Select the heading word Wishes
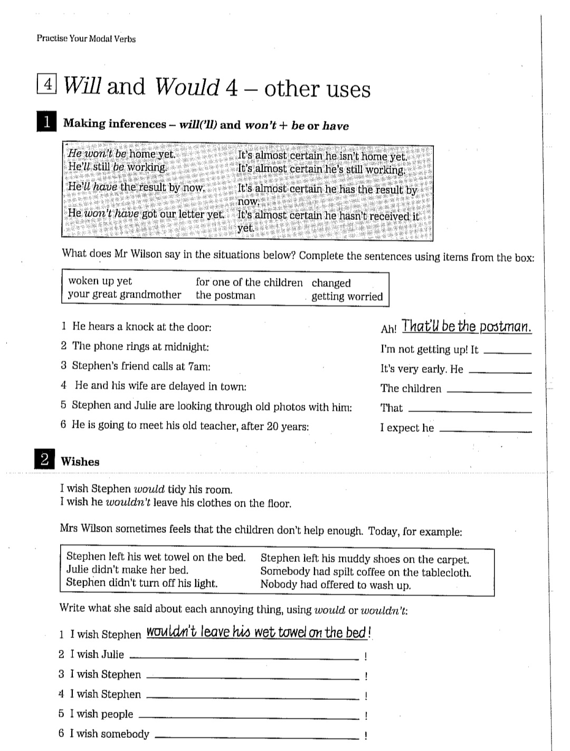80,461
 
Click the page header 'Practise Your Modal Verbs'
86,39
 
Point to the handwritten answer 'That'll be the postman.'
467,326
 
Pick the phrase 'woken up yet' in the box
100,281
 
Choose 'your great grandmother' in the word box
125,295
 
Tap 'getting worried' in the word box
347,296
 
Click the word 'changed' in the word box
331,283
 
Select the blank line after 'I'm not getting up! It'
507,352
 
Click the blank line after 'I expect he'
485,430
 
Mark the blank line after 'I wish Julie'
244,658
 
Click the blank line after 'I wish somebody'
257,737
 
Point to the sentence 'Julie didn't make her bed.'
127,570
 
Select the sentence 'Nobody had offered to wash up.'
336,585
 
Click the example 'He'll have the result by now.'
136,187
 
